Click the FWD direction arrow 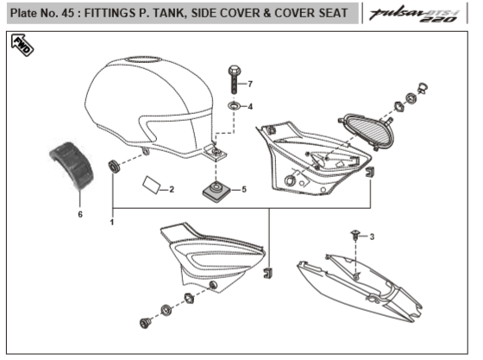point(22,45)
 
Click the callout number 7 point(250,84)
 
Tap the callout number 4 point(250,107)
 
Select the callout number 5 point(244,189)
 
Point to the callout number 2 point(172,189)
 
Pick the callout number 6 point(80,214)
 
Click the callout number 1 point(112,222)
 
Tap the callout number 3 point(372,237)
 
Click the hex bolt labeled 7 point(235,79)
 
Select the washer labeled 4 point(234,106)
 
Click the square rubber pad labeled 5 point(216,191)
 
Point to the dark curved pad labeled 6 point(72,165)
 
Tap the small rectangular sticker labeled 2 point(151,185)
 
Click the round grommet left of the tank point(114,167)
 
